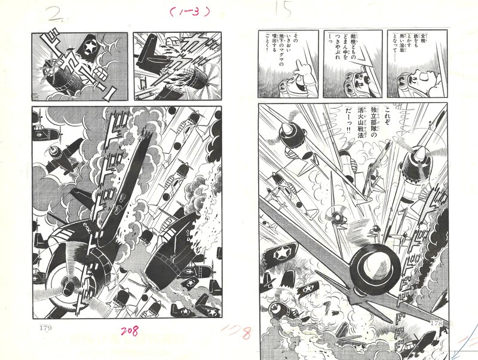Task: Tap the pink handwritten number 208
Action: (130, 331)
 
